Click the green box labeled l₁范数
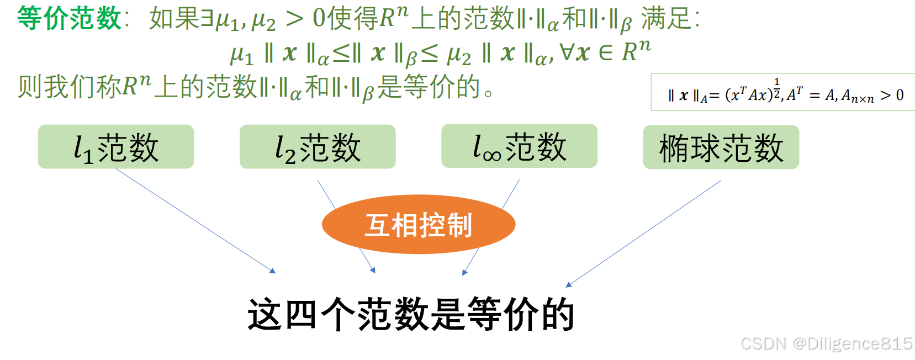(115, 147)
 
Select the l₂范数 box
(318, 147)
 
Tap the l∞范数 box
(519, 146)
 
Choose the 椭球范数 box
(721, 147)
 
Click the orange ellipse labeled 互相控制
(419, 225)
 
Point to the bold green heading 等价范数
(70, 18)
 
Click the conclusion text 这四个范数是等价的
(411, 314)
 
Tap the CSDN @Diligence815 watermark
(826, 343)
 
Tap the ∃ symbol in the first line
(207, 19)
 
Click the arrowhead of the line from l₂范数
(373, 271)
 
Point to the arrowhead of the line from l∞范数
(464, 272)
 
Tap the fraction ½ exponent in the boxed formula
(777, 88)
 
